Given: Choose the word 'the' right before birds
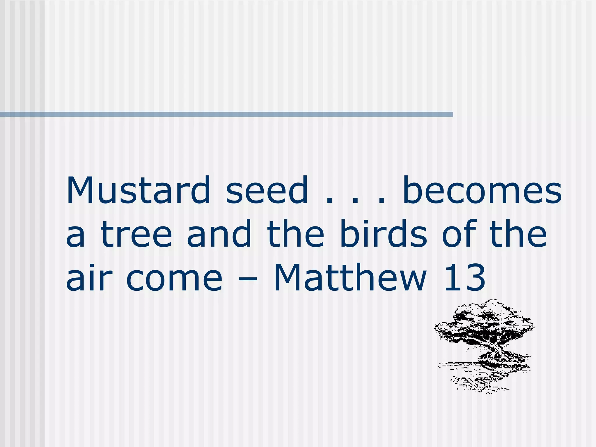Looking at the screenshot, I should [x=295, y=235].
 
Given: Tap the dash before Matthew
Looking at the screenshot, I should [x=247, y=281].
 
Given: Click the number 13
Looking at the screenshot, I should [x=464, y=278].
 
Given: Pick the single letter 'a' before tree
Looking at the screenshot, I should [x=75, y=237].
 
